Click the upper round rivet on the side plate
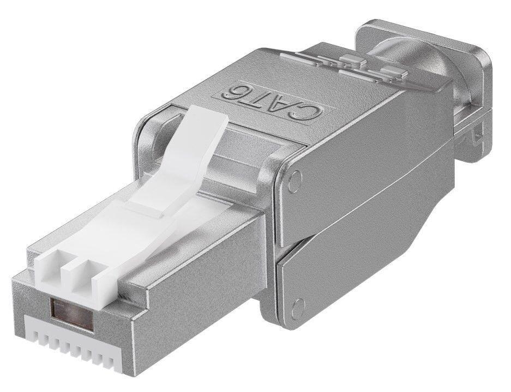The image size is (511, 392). (294, 181)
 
